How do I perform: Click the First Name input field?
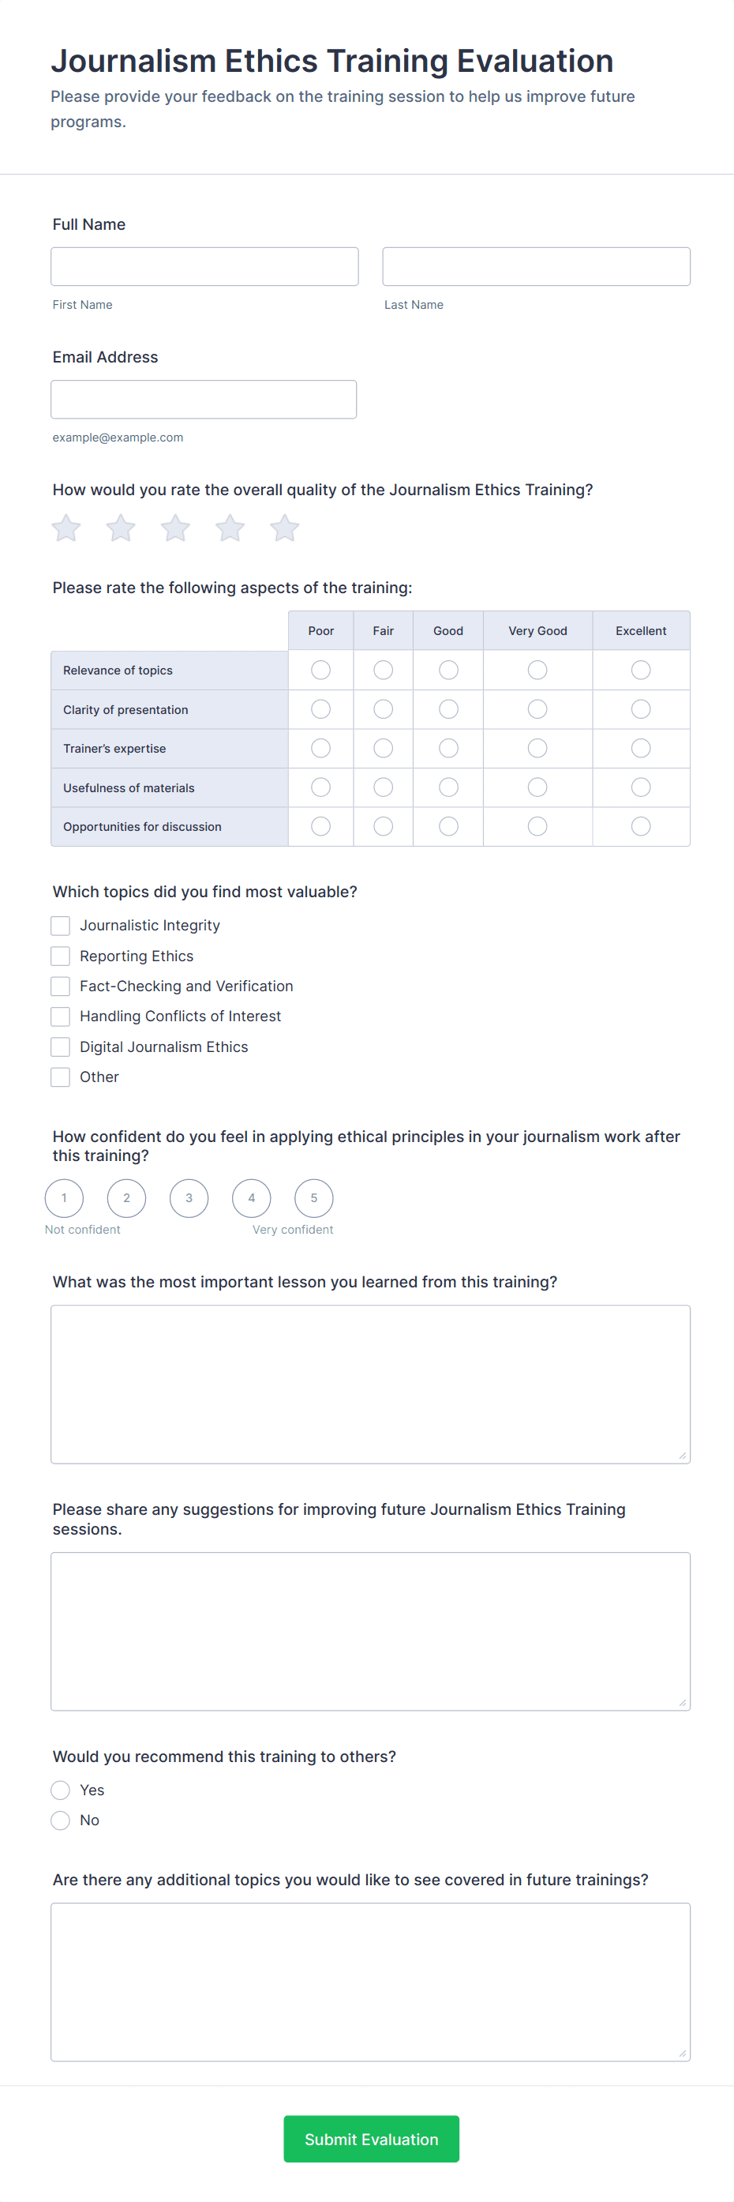(x=204, y=267)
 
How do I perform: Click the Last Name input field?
(x=536, y=267)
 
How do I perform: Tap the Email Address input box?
(x=204, y=399)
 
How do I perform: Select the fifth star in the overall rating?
(x=285, y=528)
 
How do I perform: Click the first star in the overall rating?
(x=66, y=528)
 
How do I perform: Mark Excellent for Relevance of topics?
(x=640, y=671)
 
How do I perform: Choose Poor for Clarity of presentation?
(x=320, y=709)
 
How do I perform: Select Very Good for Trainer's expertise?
(x=537, y=749)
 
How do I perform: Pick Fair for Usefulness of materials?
(x=383, y=787)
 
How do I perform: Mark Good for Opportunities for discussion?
(x=448, y=827)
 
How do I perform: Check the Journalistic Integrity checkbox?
(x=61, y=926)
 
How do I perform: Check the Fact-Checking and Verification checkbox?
(x=61, y=986)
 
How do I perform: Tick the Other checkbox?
(x=61, y=1077)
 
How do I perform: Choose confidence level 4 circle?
(x=251, y=1197)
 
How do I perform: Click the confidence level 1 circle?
(x=64, y=1197)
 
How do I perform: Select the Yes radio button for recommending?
(x=61, y=1790)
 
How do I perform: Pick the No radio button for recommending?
(x=61, y=1820)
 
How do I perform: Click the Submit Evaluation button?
(x=371, y=2139)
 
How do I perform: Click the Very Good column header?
(x=537, y=631)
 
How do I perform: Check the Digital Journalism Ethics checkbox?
(x=61, y=1047)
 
